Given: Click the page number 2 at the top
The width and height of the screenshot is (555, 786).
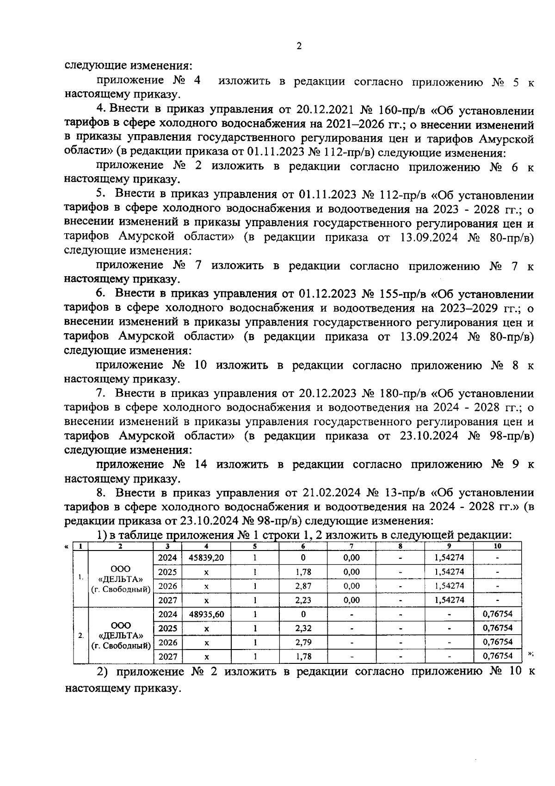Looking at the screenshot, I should tap(299, 46).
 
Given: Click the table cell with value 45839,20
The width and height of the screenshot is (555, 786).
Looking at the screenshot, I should tap(206, 558).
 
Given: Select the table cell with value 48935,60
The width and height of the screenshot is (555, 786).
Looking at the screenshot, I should tap(206, 614).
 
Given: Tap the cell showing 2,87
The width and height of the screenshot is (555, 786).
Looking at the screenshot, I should tap(303, 586).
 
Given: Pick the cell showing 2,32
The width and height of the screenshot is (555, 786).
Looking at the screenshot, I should tap(303, 628).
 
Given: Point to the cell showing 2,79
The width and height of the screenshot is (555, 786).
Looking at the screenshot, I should tap(303, 643).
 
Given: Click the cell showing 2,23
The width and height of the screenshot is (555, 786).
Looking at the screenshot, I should tap(303, 600).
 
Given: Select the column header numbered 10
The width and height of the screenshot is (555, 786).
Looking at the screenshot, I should tap(497, 546).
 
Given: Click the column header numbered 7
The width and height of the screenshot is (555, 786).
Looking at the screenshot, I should tap(351, 546).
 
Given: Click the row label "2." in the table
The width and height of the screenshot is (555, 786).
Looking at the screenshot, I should tap(80, 636).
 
